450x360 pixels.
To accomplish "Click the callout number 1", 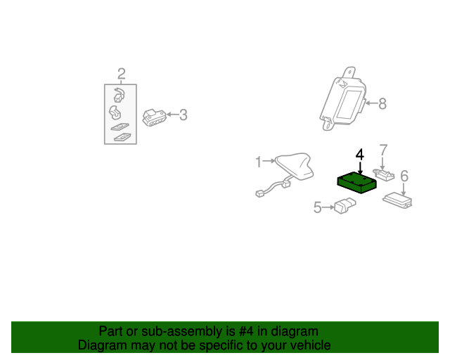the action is (259, 162).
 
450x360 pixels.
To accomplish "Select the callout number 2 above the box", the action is (122, 74).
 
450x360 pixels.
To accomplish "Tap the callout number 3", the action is (184, 115).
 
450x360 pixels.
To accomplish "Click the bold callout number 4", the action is (360, 155).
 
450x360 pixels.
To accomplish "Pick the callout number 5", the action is (317, 207).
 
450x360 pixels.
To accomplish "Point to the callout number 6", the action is (404, 176).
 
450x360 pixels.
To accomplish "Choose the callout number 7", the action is (383, 150).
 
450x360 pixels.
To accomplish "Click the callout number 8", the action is (382, 103).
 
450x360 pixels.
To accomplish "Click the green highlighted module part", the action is (356, 183).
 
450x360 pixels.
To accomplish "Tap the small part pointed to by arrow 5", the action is (345, 205).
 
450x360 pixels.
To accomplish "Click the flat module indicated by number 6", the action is (397, 200).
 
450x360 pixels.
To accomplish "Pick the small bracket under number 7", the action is (384, 175).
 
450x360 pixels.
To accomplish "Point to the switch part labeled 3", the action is (154, 117).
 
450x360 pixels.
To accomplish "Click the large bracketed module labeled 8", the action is (343, 99).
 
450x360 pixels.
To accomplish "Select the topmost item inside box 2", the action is (119, 95).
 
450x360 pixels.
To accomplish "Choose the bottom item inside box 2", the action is (122, 137).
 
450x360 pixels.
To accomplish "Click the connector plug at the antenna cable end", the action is (260, 194).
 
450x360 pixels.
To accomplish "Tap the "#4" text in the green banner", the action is (246, 331).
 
